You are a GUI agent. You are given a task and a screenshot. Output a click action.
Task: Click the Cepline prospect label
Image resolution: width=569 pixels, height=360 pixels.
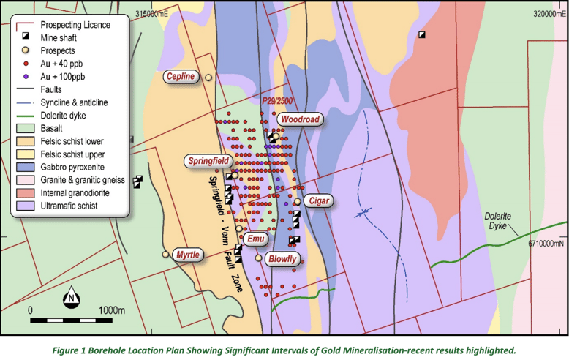tap(181, 77)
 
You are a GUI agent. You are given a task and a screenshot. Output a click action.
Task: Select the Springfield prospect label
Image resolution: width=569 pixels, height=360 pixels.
tap(208, 160)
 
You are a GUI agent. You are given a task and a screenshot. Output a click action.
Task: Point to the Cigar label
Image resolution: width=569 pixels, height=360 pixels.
tap(320, 200)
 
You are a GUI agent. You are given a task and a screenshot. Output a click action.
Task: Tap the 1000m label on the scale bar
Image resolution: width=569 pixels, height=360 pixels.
tap(112, 310)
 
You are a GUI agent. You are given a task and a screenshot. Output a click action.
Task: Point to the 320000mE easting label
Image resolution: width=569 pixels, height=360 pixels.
tap(547, 14)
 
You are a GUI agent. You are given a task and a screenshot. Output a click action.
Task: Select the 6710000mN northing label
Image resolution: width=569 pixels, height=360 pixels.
tap(542, 244)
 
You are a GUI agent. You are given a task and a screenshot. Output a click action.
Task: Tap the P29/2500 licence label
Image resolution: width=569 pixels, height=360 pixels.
tap(276, 100)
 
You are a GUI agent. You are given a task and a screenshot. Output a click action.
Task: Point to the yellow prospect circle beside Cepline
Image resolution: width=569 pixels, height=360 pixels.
tap(208, 77)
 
